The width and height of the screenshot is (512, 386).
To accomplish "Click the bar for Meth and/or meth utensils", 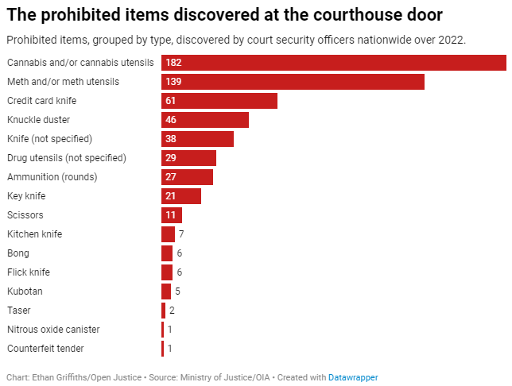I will [293, 82].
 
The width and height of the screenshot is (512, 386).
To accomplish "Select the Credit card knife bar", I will [219, 101].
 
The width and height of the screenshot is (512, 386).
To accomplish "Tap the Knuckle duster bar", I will [205, 120].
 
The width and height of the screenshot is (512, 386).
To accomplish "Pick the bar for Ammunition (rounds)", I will [187, 177].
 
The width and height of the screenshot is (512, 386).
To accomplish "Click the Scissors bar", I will [172, 215].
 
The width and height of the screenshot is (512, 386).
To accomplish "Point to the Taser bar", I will [163, 311].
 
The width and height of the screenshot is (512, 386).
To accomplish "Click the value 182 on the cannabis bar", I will [174, 63].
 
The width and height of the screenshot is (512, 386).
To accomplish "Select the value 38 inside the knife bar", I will [171, 139].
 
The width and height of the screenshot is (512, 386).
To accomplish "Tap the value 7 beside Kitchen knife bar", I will [181, 234].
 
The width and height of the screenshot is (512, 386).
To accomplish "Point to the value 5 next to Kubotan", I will [177, 291].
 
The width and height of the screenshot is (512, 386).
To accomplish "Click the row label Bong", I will [18, 253].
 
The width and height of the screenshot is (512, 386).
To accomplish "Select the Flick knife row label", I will [29, 272].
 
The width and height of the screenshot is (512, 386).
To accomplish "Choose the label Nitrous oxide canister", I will [53, 330].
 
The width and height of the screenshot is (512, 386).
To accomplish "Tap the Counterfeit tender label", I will [45, 349].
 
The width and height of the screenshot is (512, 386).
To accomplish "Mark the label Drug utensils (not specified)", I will [67, 158].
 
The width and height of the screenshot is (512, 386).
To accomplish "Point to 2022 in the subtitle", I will [452, 40].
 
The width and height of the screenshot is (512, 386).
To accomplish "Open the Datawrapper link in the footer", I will [354, 377].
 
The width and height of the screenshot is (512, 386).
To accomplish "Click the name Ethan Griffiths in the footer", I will [60, 377].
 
